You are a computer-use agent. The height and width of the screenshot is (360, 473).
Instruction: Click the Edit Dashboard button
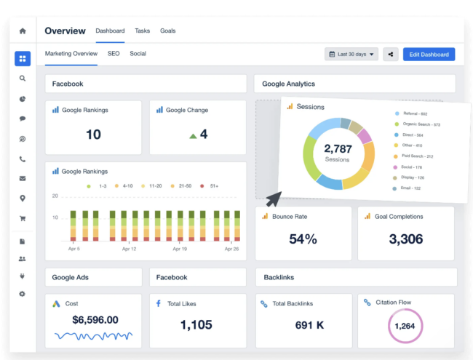(x=429, y=55)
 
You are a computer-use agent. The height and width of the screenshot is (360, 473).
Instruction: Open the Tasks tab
(x=142, y=31)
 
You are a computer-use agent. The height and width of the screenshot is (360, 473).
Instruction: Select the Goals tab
(x=167, y=31)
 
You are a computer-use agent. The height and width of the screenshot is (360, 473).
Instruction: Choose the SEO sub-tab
(x=114, y=54)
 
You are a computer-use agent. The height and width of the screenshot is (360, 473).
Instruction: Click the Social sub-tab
(x=138, y=54)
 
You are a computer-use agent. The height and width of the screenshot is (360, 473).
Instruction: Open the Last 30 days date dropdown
(x=352, y=55)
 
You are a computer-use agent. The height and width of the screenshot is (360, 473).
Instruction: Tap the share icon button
(x=391, y=55)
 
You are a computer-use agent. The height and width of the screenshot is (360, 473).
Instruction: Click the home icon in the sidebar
(x=23, y=31)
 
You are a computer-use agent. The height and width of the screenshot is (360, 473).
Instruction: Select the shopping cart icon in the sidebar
(x=23, y=218)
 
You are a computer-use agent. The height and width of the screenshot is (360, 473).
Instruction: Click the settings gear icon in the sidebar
(x=23, y=294)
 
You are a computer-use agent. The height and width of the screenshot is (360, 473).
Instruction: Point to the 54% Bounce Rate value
(x=303, y=239)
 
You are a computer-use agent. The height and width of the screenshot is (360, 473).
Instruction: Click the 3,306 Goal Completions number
(x=406, y=239)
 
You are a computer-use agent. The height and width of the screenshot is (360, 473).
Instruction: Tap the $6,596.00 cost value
(x=95, y=320)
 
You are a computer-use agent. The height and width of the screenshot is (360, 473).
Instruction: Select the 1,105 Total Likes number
(x=197, y=325)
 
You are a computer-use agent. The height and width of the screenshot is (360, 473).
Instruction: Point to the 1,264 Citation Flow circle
(x=405, y=326)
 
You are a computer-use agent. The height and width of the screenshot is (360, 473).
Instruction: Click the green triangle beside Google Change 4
(x=193, y=135)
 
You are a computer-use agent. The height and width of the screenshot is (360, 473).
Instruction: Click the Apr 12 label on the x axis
(x=129, y=249)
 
